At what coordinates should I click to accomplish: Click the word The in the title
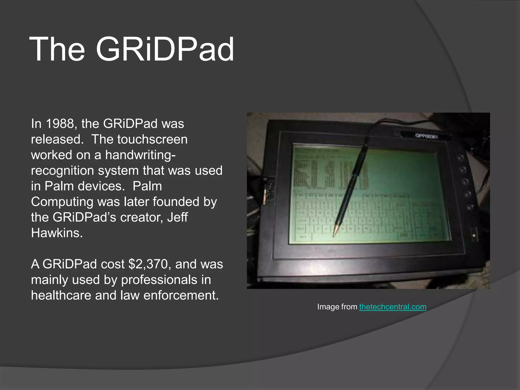[x=57, y=49]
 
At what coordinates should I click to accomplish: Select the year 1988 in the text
[x=60, y=124]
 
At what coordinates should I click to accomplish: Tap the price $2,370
[x=148, y=264]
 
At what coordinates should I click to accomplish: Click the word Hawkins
[x=57, y=233]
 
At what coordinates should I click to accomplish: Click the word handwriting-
[x=140, y=155]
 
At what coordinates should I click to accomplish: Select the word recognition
[x=62, y=171]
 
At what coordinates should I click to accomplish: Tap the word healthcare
[x=61, y=295]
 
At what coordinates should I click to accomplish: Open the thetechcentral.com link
[x=393, y=307]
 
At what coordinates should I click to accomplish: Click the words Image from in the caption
[x=337, y=307]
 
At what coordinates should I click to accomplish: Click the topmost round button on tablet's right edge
[x=461, y=158]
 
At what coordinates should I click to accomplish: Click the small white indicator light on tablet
[x=474, y=235]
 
